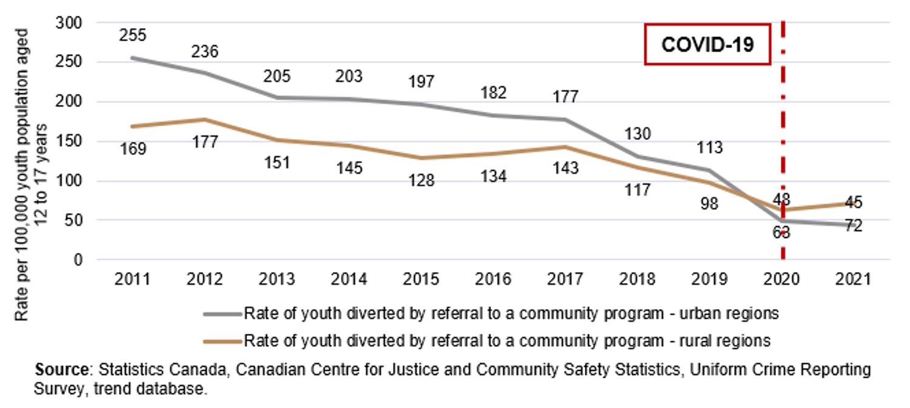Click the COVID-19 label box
click(x=707, y=44)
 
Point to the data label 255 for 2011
click(x=133, y=35)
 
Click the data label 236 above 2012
click(x=204, y=51)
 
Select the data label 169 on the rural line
click(x=133, y=149)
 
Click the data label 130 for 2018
click(x=637, y=134)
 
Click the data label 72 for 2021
click(x=854, y=226)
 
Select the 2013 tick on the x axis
click(x=277, y=279)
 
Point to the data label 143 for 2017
click(x=565, y=168)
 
